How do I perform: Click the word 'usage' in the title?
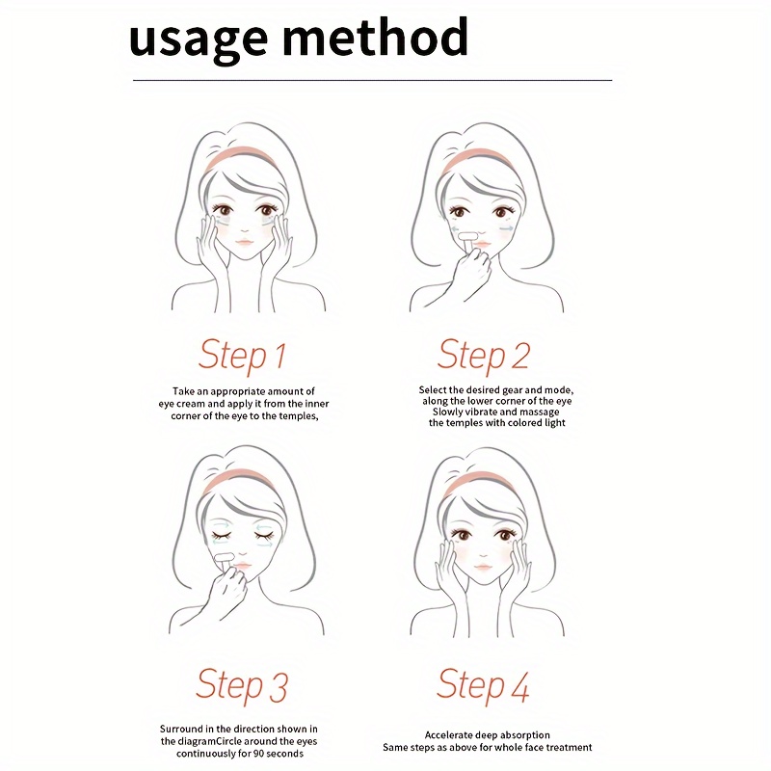[x=199, y=40]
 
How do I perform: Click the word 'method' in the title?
[x=376, y=36]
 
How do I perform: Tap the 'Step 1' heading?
[x=243, y=356]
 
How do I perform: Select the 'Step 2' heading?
[x=484, y=356]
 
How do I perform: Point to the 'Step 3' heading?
[x=242, y=685]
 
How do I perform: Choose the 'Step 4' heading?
[x=483, y=685]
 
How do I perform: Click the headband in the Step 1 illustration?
[x=239, y=157]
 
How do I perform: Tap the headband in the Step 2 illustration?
[x=478, y=158]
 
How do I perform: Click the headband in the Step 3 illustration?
[x=239, y=480]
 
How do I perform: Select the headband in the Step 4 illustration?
[x=479, y=482]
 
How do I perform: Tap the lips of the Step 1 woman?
[x=244, y=243]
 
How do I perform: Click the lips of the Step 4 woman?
[x=484, y=567]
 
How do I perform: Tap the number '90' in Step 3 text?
[x=259, y=754]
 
